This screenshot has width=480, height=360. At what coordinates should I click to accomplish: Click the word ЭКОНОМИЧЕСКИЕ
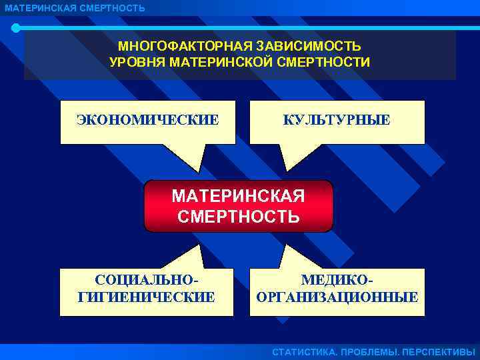pyautogui.click(x=147, y=120)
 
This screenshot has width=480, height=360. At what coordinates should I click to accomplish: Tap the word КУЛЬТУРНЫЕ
pyautogui.click(x=337, y=120)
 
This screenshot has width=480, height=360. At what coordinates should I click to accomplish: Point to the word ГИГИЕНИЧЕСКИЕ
pyautogui.click(x=147, y=297)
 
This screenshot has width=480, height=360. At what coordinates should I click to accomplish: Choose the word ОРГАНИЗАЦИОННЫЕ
pyautogui.click(x=337, y=297)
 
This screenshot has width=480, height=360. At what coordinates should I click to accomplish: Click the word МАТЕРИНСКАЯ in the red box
pyautogui.click(x=238, y=197)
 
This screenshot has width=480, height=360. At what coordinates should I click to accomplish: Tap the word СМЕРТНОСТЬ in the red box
pyautogui.click(x=239, y=217)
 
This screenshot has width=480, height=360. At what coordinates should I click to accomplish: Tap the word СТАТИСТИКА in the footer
pyautogui.click(x=304, y=352)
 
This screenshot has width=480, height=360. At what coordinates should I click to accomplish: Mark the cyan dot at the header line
pyautogui.click(x=16, y=28)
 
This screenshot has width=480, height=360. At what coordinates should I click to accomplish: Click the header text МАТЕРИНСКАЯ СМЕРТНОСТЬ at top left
pyautogui.click(x=75, y=8)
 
